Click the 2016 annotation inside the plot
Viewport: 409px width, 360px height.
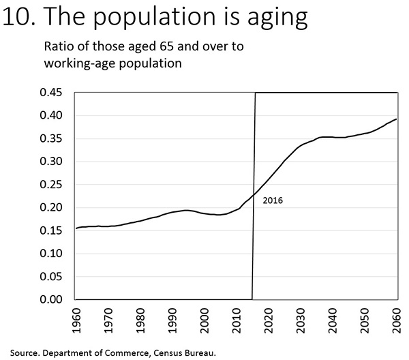coord(272,201)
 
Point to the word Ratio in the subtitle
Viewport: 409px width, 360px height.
coord(58,47)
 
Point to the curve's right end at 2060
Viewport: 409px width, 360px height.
coord(397,119)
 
